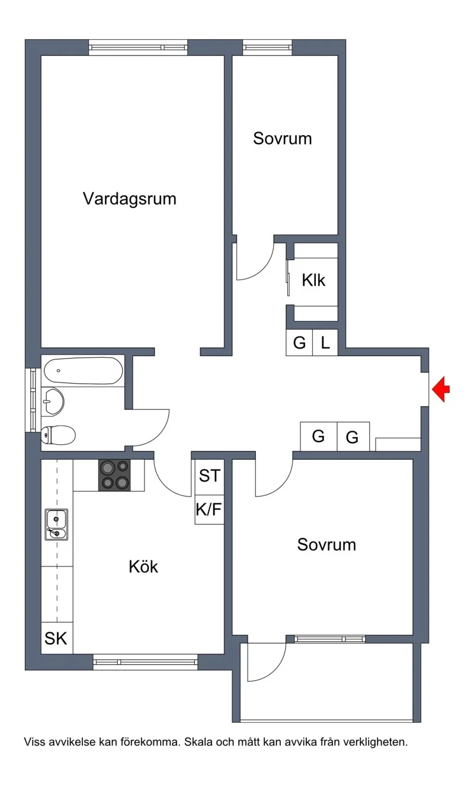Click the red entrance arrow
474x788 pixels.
(x=441, y=389)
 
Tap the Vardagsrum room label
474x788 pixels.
(x=130, y=198)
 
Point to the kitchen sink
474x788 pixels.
(x=56, y=524)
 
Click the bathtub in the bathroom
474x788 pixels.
(x=84, y=371)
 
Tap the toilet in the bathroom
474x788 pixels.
(x=58, y=435)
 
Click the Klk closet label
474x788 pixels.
(x=313, y=280)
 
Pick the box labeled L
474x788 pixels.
(x=325, y=342)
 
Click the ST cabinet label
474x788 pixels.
(x=210, y=476)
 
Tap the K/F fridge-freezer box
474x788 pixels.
(x=209, y=509)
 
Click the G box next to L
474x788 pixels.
(x=299, y=342)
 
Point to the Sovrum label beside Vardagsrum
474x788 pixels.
(x=283, y=139)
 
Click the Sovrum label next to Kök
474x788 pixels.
(x=326, y=544)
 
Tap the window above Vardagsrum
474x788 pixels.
(x=138, y=47)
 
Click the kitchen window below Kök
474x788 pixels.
(x=146, y=662)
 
